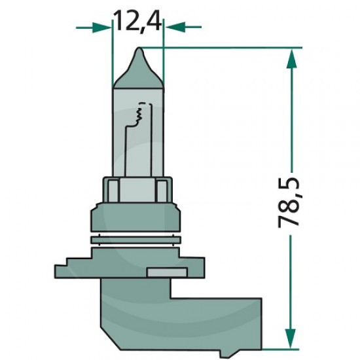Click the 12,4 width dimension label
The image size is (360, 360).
point(137,21)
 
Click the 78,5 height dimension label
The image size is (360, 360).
point(289,202)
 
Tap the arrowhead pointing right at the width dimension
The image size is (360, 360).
point(102,27)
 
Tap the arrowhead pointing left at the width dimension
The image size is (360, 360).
point(175,27)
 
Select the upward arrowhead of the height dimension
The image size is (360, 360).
point(291,59)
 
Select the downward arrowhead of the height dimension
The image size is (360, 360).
point(290,338)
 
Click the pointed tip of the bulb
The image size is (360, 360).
point(139,48)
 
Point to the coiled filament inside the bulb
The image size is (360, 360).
point(139,114)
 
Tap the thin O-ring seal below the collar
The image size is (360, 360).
point(136,240)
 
